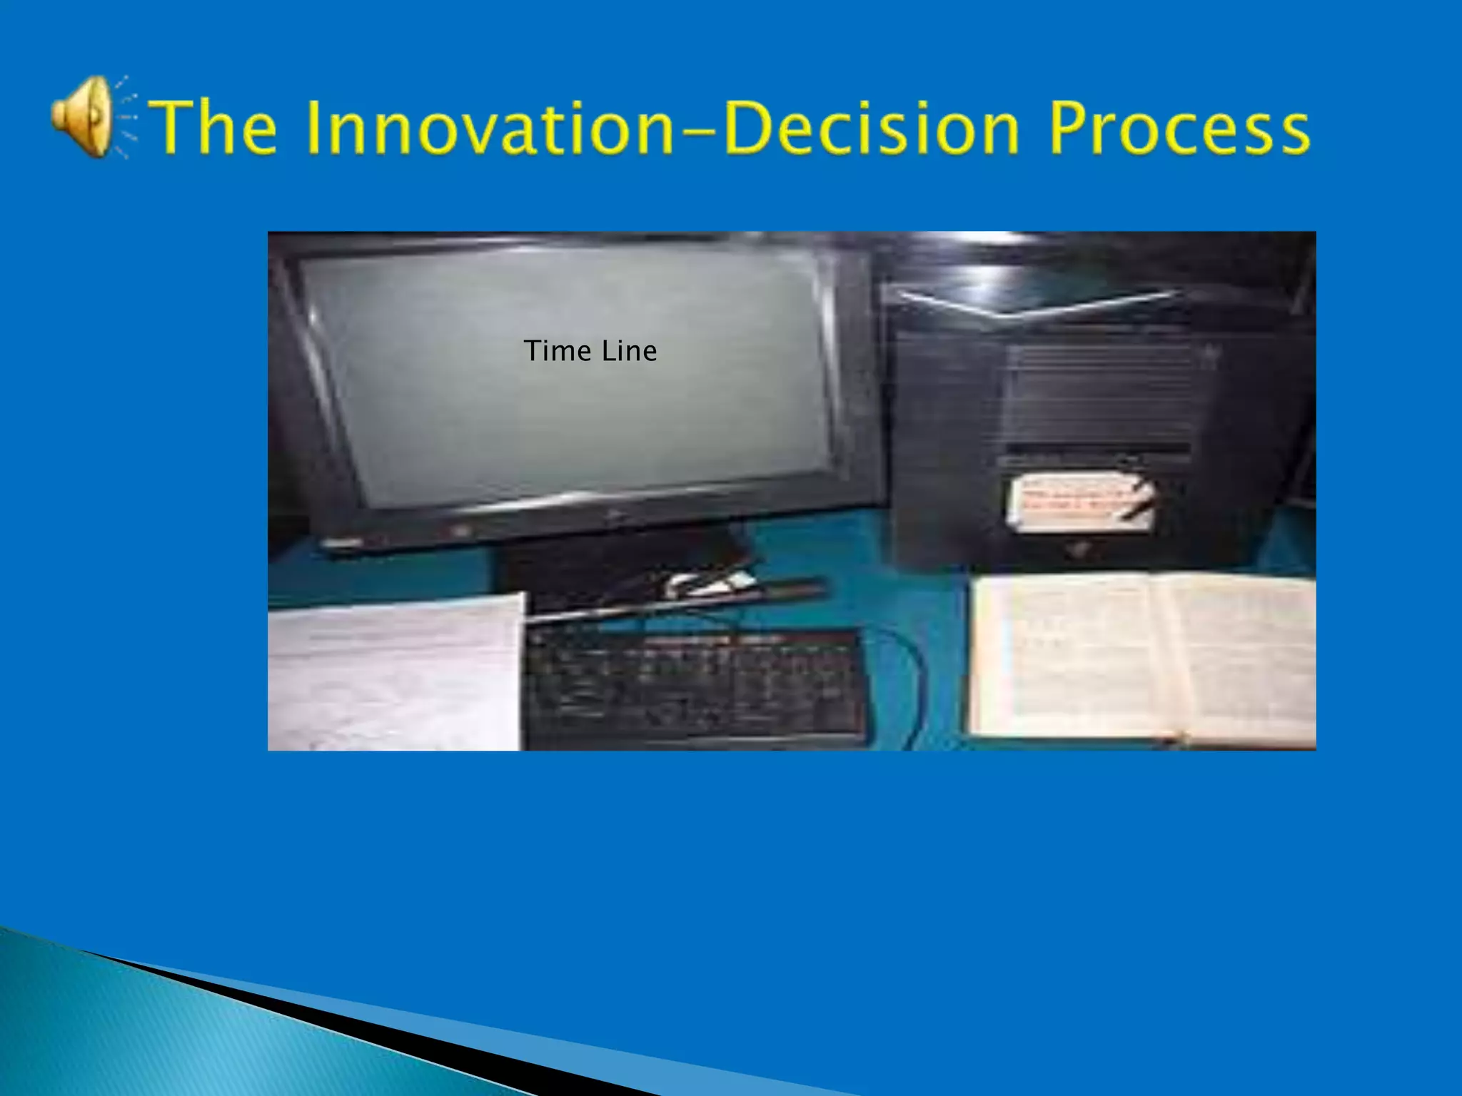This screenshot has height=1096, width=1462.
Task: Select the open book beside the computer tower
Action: pos(1142,656)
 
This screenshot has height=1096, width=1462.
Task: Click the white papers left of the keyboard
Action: pos(393,671)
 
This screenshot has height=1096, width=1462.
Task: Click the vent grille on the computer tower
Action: pos(1099,392)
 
